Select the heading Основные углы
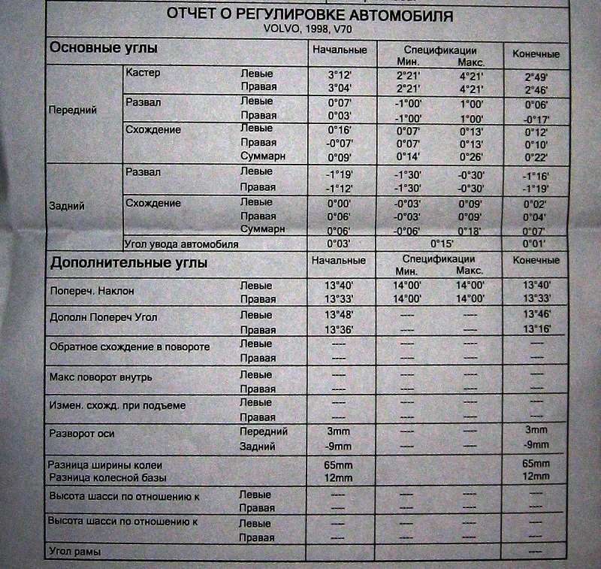pos(103,48)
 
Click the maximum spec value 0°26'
pos(473,156)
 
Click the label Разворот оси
pos(81,433)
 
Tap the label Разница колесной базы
pos(107,477)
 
